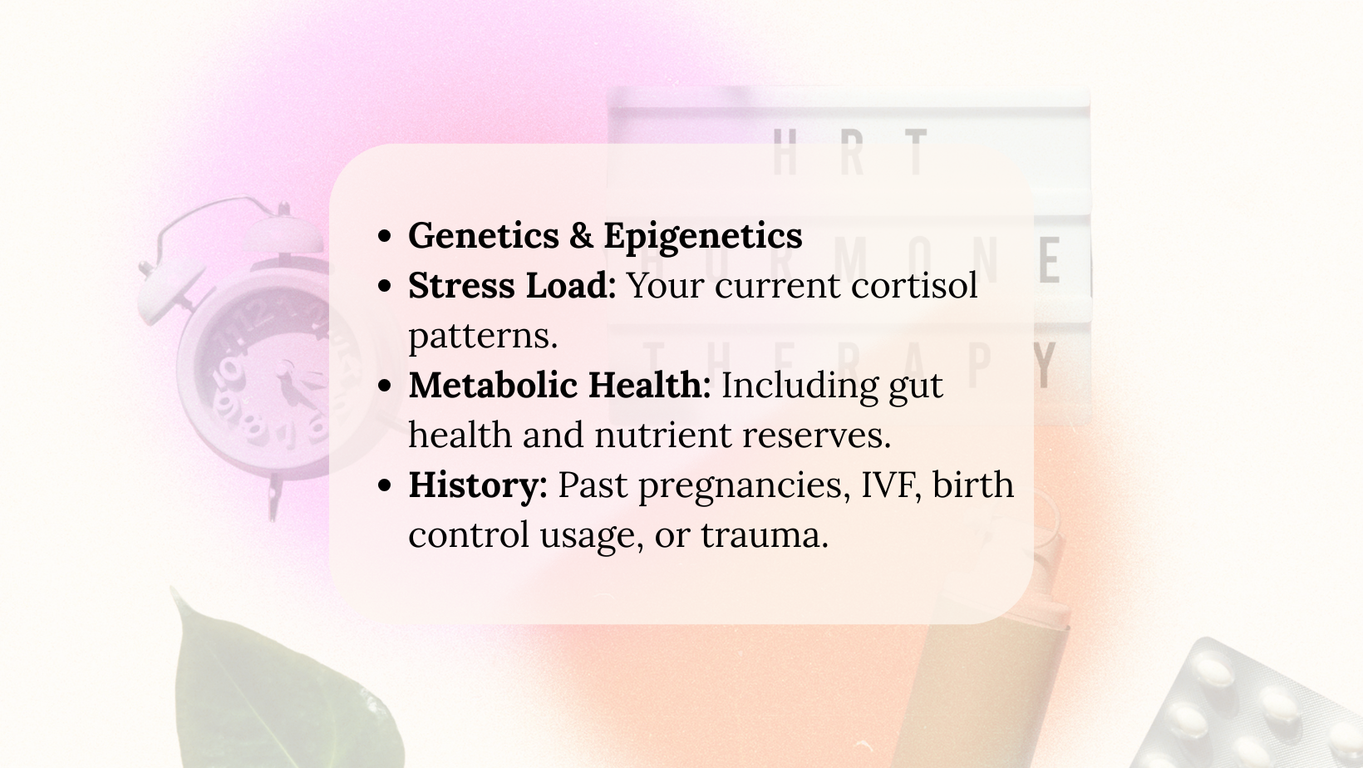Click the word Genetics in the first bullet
(x=483, y=235)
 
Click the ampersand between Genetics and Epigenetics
(x=581, y=235)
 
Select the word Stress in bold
(x=461, y=285)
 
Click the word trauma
(x=765, y=535)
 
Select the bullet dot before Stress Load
(x=384, y=286)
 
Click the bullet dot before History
(x=384, y=485)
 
